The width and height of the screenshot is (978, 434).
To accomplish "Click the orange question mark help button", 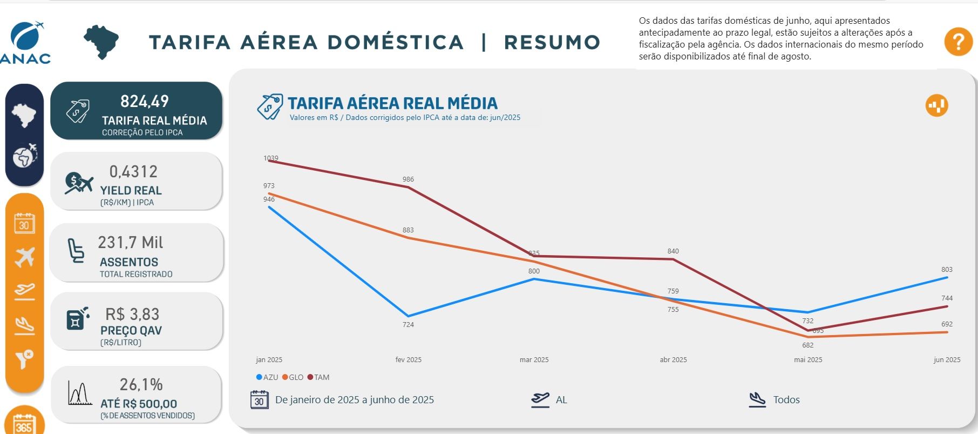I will click(x=958, y=42).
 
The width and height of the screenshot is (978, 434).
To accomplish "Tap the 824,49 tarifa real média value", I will click(x=145, y=101).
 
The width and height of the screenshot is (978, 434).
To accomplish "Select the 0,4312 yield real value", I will click(x=133, y=171).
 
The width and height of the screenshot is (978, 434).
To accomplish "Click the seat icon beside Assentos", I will click(x=76, y=251).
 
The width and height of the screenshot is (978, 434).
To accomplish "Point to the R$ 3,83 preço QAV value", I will click(x=132, y=314).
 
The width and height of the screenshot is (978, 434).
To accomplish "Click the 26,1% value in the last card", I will click(x=141, y=384).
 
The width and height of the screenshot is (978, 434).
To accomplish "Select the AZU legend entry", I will click(x=267, y=377).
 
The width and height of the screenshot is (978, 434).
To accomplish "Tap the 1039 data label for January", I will click(x=271, y=158).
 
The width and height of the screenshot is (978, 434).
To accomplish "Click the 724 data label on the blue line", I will click(x=408, y=324).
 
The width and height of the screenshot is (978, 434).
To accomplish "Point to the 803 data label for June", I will click(x=947, y=269).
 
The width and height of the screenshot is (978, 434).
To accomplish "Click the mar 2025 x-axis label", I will click(x=534, y=359).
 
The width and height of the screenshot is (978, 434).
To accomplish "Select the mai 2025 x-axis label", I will click(x=808, y=359).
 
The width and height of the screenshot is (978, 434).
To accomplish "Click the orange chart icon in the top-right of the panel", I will click(x=936, y=105).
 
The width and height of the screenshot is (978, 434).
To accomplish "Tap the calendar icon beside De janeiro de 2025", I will click(x=260, y=400).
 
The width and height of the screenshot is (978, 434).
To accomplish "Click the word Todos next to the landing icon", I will click(x=786, y=400).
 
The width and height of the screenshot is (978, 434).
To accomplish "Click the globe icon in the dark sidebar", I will click(x=24, y=156).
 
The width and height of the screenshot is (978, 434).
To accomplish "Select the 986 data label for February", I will click(x=408, y=179).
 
